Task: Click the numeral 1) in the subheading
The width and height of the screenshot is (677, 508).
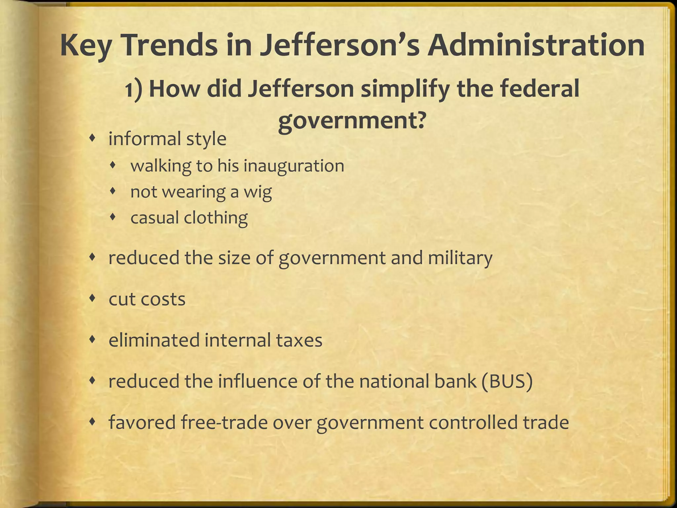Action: point(134,90)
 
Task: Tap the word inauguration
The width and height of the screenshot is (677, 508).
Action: point(294,166)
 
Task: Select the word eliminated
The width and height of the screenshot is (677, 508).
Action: point(153,340)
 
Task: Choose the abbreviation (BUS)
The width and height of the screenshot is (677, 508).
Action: point(507,381)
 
